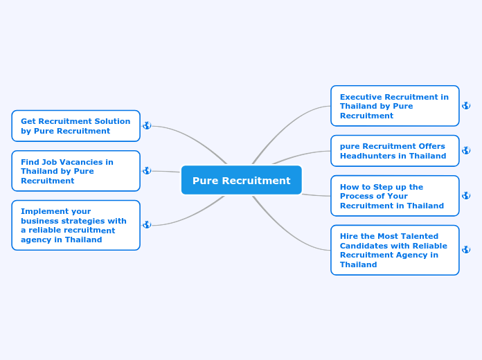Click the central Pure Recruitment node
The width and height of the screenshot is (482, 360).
click(x=241, y=180)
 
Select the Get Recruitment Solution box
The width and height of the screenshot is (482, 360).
click(x=75, y=126)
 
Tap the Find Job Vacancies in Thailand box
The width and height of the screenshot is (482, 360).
click(x=75, y=171)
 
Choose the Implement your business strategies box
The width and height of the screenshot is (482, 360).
click(x=75, y=225)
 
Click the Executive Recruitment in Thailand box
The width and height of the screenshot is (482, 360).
click(x=395, y=106)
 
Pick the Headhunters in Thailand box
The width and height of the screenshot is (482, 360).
click(x=395, y=151)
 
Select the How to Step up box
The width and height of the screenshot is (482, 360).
click(x=395, y=196)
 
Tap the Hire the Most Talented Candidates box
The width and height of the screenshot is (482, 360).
click(x=395, y=250)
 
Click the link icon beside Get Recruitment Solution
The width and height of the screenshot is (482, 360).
click(x=147, y=125)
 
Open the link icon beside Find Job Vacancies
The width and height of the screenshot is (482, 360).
click(x=147, y=170)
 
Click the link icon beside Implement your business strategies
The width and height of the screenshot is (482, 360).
click(x=147, y=224)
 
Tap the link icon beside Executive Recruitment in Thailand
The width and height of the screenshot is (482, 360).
click(x=466, y=105)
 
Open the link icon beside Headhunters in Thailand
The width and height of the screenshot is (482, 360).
click(x=466, y=150)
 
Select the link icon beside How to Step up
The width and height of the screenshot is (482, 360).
click(x=466, y=195)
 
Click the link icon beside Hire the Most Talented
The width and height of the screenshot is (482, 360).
click(x=466, y=249)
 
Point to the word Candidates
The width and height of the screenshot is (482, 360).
click(x=363, y=246)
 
